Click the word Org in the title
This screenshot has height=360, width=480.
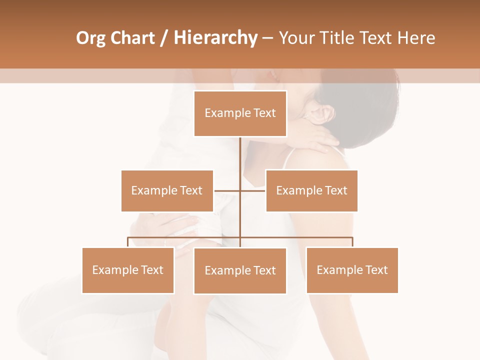[x=91, y=38]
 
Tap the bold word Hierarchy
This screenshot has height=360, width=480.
[x=215, y=38]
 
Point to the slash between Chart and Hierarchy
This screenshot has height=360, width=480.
[x=164, y=38]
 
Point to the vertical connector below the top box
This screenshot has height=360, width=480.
[x=240, y=160]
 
